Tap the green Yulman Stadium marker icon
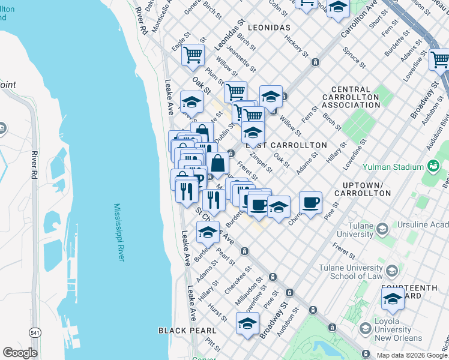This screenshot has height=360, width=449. pos(432,166)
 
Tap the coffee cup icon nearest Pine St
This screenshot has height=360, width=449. pos(310,203)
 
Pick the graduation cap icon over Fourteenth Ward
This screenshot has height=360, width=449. pos(393,298)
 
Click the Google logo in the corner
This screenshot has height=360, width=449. pos(20,353)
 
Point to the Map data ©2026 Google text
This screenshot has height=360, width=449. pos(411,355)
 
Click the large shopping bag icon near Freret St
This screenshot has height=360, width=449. pos(218,163)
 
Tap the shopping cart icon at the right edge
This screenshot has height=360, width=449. pos(440,59)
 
